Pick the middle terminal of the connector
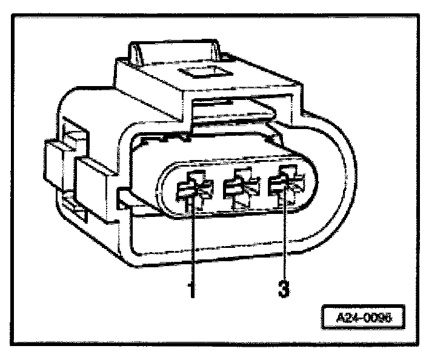(x=238, y=189)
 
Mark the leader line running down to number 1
(x=192, y=242)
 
